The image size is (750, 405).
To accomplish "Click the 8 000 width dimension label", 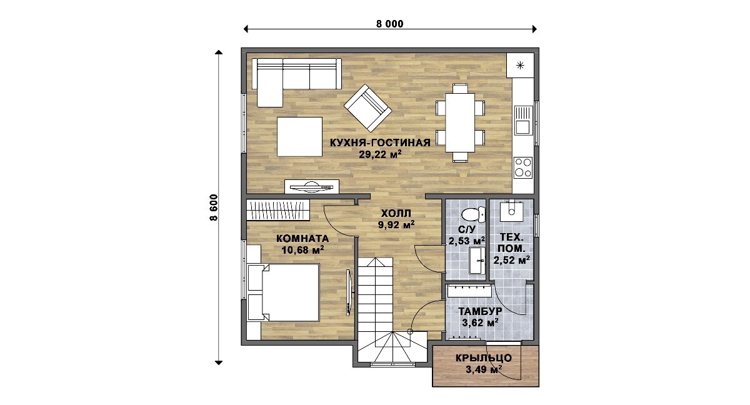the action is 390,24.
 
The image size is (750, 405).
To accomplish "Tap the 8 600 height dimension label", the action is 214,207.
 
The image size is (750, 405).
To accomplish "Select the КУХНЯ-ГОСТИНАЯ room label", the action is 380,142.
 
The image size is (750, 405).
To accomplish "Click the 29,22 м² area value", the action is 380,154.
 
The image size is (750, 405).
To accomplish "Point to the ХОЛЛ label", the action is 396,213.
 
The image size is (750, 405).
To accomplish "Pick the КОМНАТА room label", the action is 302,239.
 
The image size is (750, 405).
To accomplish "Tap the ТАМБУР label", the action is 480,311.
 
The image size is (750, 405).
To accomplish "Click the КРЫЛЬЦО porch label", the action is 484,358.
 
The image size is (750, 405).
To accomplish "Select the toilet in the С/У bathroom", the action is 473,214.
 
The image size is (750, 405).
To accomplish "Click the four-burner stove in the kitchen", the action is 523,167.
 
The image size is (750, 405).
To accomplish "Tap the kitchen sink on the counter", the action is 523,121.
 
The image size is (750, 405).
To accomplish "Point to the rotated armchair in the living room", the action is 367,107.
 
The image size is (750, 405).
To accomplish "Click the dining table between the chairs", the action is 460,123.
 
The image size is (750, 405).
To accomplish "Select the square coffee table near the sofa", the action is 299,136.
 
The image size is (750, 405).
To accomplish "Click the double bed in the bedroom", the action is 284,293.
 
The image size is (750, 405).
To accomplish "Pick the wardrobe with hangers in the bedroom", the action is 278,210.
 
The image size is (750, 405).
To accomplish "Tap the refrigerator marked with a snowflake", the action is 520,65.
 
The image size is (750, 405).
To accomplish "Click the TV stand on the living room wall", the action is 312,187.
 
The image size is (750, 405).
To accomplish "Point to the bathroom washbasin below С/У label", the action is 477,261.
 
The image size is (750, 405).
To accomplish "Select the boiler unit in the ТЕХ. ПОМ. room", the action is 511,211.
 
